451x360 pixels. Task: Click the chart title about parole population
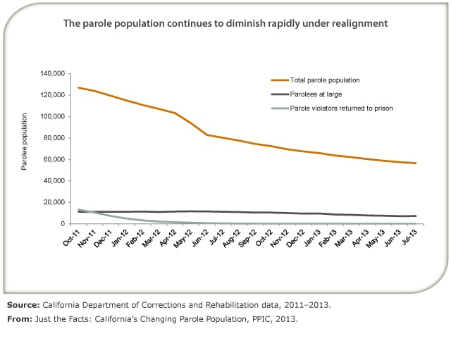pos(225,23)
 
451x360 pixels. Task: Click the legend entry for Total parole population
pos(325,80)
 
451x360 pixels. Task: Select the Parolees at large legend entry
pos(316,94)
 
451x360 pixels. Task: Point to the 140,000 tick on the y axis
pos(54,73)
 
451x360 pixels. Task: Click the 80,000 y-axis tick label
pos(56,138)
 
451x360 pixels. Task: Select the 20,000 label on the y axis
pos(56,202)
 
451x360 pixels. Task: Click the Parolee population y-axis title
pos(24,142)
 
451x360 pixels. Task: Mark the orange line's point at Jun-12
pos(207,135)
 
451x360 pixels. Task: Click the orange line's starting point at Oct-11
pos(78,87)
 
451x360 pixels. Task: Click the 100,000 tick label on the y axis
pos(54,116)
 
